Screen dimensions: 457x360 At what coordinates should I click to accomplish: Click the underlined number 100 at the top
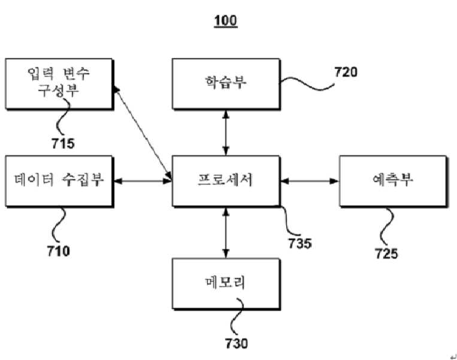click(x=226, y=21)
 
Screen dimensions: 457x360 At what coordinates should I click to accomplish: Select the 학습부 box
click(x=226, y=84)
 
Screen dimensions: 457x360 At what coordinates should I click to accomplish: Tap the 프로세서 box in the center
click(x=226, y=181)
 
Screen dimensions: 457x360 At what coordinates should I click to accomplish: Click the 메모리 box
click(x=226, y=284)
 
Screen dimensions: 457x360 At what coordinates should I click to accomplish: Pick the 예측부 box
click(x=393, y=181)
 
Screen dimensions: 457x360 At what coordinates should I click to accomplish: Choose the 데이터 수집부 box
click(x=59, y=181)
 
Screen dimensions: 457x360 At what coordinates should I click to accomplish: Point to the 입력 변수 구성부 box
click(x=59, y=84)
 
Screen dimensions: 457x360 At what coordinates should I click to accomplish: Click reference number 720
click(x=346, y=72)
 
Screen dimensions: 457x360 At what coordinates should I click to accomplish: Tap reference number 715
click(x=63, y=143)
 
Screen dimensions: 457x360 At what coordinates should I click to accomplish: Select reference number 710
click(x=59, y=251)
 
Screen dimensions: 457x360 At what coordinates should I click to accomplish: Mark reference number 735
click(x=300, y=243)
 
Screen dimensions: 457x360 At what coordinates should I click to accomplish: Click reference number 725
click(x=386, y=253)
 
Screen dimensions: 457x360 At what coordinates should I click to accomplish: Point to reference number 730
click(x=237, y=343)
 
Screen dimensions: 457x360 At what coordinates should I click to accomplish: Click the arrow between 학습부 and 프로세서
click(x=226, y=133)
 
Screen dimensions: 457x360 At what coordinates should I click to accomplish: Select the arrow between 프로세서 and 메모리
click(x=226, y=232)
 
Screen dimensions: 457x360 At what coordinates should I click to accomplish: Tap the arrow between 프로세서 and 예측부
click(x=310, y=181)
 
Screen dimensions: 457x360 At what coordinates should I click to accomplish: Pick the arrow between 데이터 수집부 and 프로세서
click(x=143, y=181)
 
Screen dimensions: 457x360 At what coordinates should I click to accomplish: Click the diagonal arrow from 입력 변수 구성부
click(x=143, y=132)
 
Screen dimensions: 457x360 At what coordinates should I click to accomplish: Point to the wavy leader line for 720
click(x=307, y=84)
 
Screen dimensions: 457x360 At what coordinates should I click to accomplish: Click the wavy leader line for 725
click(x=387, y=227)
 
